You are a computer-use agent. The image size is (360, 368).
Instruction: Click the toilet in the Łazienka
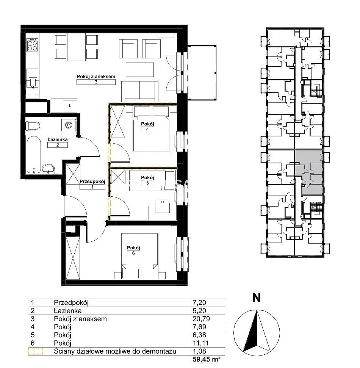33,126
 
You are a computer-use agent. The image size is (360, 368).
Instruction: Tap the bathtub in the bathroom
34,154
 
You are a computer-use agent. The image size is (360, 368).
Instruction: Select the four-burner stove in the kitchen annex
32,45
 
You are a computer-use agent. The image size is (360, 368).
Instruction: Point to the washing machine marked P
69,125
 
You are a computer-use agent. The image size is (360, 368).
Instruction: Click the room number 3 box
96,82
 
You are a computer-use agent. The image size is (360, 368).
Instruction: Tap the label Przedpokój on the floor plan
92,182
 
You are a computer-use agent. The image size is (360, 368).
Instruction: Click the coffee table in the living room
140,69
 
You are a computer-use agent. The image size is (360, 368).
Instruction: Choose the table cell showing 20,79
201,319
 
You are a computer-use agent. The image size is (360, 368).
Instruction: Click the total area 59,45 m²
206,359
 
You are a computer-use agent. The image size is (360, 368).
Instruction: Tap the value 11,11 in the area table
199,343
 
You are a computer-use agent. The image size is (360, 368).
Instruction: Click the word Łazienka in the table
67,311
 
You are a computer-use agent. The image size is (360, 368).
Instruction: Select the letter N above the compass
257,298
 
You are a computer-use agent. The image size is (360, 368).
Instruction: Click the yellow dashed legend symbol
36,351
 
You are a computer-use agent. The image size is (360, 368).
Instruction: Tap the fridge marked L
70,106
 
